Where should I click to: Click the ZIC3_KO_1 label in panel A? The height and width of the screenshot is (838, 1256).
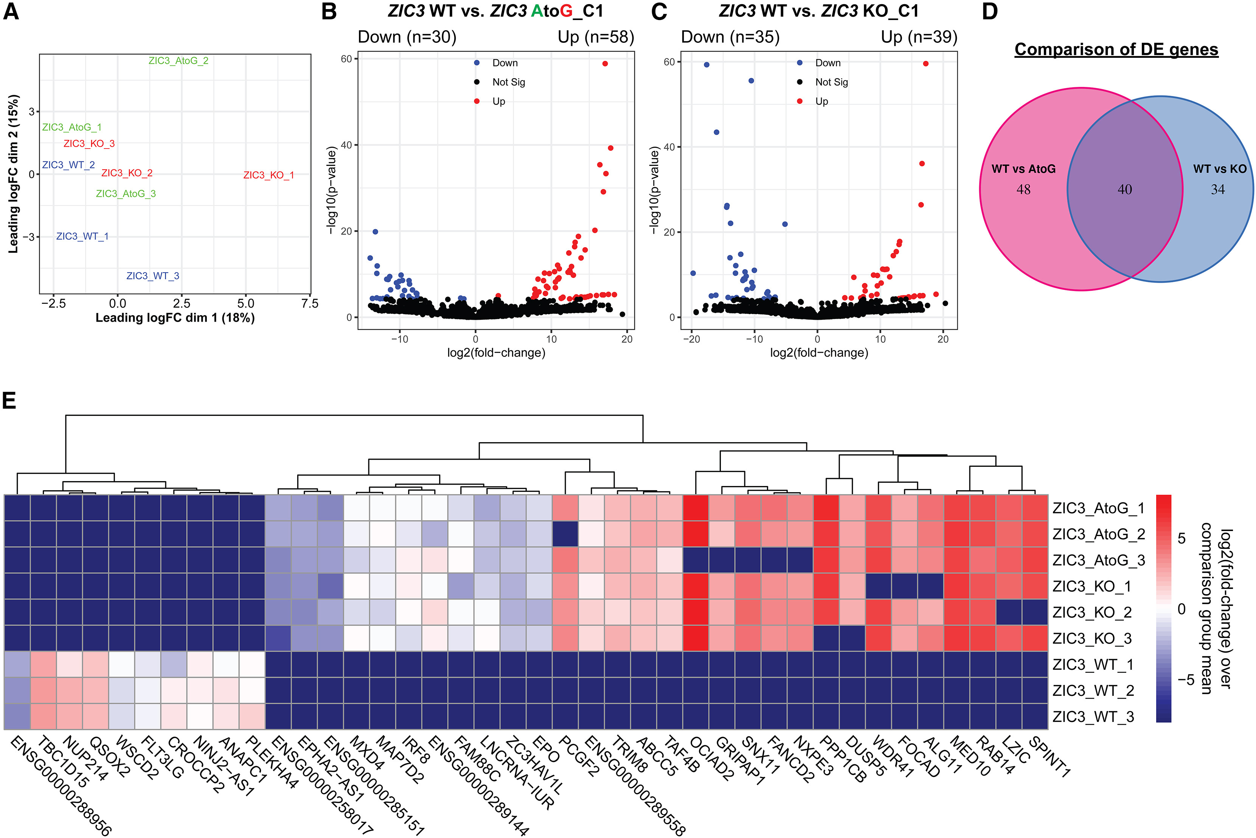click(x=269, y=175)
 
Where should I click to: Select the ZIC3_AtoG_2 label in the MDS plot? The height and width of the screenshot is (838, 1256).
click(x=178, y=61)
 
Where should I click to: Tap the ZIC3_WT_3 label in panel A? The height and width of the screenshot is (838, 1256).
click(x=152, y=276)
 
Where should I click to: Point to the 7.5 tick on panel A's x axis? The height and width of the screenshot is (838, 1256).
click(x=310, y=304)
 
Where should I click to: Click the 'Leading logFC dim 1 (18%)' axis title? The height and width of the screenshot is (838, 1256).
click(x=175, y=318)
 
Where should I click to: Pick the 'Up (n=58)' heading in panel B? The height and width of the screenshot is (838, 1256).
click(x=596, y=37)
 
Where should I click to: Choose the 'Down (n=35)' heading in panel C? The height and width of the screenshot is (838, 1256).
click(x=730, y=37)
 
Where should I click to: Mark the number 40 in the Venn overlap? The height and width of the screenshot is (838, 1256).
click(x=1124, y=190)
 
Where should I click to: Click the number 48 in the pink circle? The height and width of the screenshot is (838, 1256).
click(x=1023, y=190)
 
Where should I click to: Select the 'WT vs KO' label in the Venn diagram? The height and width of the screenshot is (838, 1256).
click(x=1220, y=169)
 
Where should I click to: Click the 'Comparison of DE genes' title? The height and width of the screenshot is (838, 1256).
click(x=1116, y=50)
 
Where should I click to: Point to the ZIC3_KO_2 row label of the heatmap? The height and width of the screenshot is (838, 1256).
click(x=1092, y=612)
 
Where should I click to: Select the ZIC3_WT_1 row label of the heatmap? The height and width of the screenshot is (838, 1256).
click(x=1092, y=665)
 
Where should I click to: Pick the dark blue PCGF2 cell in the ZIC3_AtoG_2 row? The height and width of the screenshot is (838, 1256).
click(x=565, y=534)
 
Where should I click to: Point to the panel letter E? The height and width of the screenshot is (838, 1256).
click(x=9, y=401)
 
